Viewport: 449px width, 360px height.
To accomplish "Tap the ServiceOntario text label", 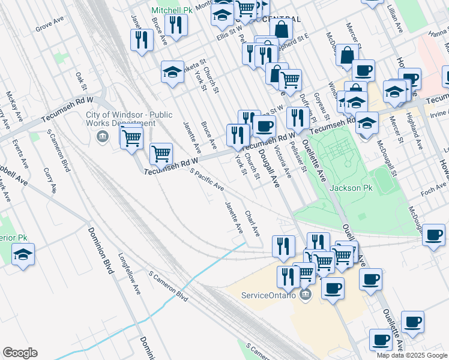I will point(268,295).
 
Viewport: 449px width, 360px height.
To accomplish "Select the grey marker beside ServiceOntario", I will point(306,295).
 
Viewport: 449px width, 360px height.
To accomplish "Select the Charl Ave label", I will point(252,223).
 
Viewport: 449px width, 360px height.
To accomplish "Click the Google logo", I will point(20,353).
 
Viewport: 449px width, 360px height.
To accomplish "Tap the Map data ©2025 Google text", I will point(411,355).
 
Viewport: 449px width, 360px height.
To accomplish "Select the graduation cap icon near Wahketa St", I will point(172,72).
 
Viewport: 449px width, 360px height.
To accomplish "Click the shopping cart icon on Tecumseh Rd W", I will point(161,154).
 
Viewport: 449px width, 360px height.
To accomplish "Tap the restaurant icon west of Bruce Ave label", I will point(141,40).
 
